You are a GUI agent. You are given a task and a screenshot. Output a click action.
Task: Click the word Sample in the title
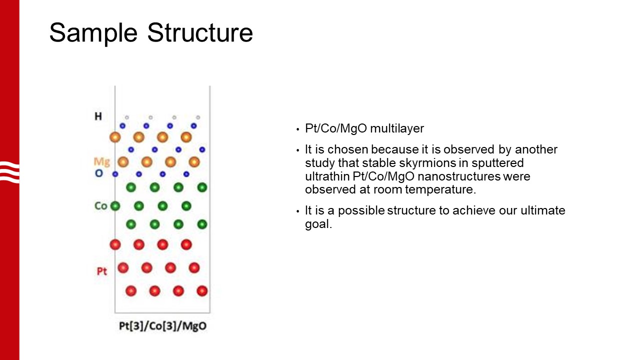(93, 33)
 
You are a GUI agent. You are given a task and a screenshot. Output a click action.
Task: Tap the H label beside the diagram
(98, 116)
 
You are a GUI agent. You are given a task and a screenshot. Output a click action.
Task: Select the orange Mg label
(101, 161)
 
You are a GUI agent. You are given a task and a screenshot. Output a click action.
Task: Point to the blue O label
(98, 173)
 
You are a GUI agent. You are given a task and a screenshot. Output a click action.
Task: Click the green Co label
(100, 206)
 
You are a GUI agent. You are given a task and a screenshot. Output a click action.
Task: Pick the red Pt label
(101, 272)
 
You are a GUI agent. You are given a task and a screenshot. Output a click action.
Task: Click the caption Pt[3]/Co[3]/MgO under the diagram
(162, 326)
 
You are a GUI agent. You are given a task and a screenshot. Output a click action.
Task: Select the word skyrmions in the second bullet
(465, 163)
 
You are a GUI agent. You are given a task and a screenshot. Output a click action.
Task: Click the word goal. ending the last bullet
(318, 224)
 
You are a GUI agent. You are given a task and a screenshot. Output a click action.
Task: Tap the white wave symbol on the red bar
(9, 171)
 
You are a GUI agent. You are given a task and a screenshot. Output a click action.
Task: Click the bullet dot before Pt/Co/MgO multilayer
(297, 129)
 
